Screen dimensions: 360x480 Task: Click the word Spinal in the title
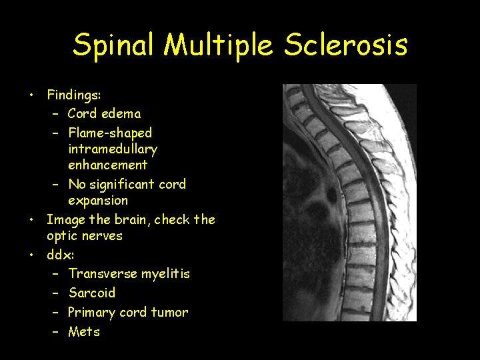pos(115,45)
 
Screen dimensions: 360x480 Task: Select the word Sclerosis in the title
pos(346,45)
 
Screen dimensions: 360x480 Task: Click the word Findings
pos(73,95)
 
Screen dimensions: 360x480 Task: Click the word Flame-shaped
pos(110,133)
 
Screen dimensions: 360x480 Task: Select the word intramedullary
pos(113,149)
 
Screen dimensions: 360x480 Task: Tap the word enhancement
pos(107,165)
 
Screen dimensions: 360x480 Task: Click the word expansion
pos(98,201)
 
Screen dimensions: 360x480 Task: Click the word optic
pos(61,236)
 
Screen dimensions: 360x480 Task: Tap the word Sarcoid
pos(92,293)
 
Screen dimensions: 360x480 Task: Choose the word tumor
pos(170,313)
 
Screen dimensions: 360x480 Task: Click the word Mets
pos(84,331)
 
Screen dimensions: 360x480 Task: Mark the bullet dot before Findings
pos(31,95)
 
